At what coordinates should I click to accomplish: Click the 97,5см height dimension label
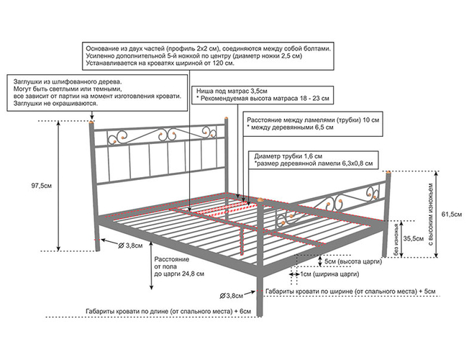[x=40, y=186]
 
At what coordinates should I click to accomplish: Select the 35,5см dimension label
[x=412, y=238]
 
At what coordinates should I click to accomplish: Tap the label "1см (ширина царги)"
[x=329, y=274]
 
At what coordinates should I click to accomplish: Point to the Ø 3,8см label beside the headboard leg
[x=129, y=245]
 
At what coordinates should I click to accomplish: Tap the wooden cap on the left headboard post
[x=90, y=120]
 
